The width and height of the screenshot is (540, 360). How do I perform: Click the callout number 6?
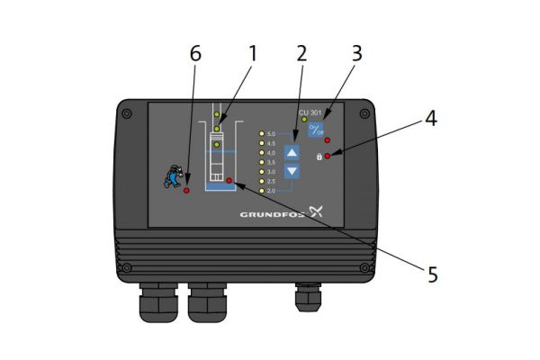[x=195, y=54]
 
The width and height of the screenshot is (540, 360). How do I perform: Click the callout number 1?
[x=253, y=54]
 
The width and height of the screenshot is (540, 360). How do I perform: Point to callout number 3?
[x=356, y=54]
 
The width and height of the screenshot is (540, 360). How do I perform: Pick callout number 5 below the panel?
[x=432, y=274]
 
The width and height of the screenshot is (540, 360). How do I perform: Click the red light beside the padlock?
[x=328, y=157]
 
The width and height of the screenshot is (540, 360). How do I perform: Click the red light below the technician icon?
[x=186, y=192]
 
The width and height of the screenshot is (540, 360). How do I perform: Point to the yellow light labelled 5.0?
[x=262, y=134]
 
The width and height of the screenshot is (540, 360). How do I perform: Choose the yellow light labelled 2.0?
[x=262, y=191]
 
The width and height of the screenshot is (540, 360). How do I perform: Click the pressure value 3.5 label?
[x=273, y=163]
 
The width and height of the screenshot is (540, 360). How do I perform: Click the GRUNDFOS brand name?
[x=273, y=215]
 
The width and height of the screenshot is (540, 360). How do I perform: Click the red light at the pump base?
[x=229, y=181]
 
